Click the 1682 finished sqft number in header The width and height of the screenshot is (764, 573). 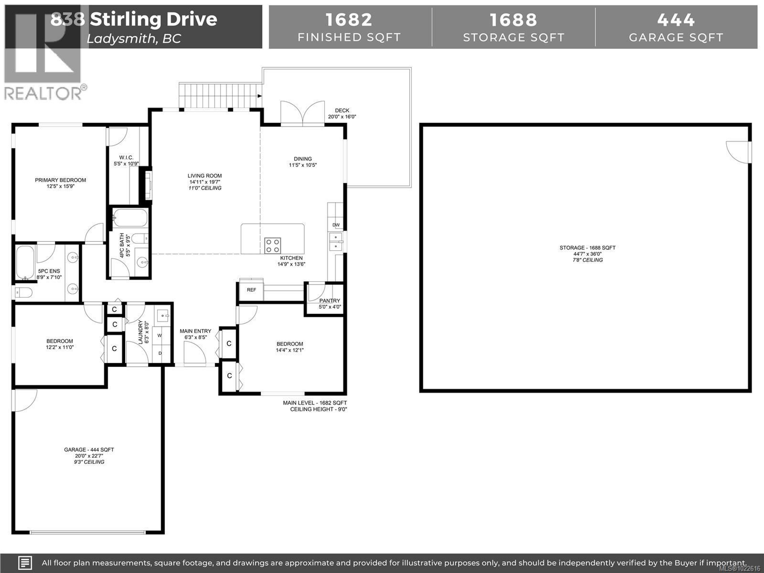pos(349,20)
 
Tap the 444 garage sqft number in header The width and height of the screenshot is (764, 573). pos(676,20)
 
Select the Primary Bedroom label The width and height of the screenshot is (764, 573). pos(60,180)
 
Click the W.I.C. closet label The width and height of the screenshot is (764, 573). pos(126,158)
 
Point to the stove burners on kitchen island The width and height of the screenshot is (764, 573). pos(272,246)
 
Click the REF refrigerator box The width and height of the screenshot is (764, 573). pos(251,290)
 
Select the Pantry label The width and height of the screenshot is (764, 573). pos(329,300)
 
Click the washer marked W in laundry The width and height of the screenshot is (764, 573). pos(160,335)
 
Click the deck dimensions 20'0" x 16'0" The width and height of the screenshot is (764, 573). pos(342,117)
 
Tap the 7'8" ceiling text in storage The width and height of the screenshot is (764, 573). pos(588,260)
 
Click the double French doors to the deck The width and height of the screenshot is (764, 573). pos(303,112)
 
